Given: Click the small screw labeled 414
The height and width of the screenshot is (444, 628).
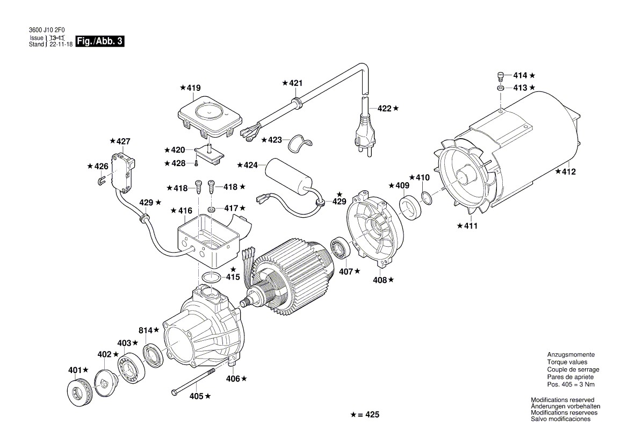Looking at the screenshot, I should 500,76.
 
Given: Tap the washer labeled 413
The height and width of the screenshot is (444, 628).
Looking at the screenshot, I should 500,87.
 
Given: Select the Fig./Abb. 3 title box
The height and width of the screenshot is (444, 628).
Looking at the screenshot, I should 100,41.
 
